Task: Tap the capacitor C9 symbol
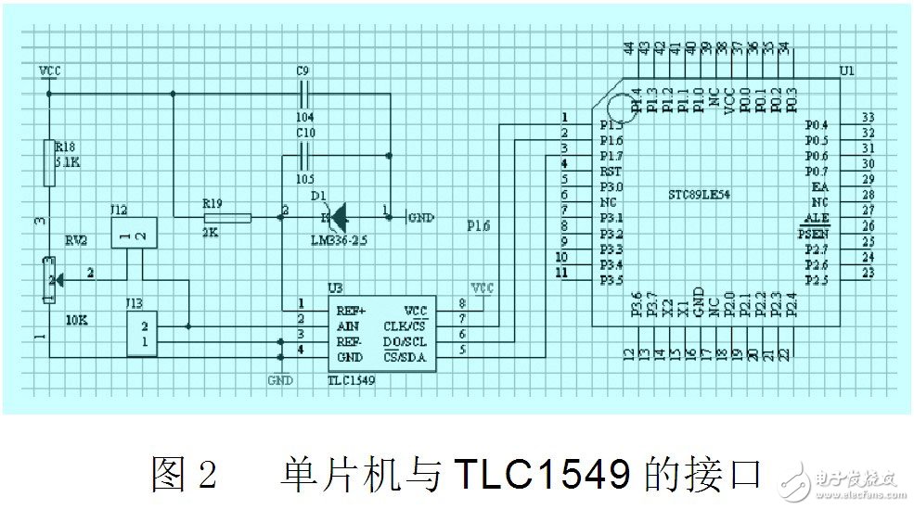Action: (304, 94)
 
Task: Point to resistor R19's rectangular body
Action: (227, 218)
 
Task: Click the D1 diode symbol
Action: (336, 218)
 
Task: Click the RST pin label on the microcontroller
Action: (611, 171)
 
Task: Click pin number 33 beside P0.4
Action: (869, 118)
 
